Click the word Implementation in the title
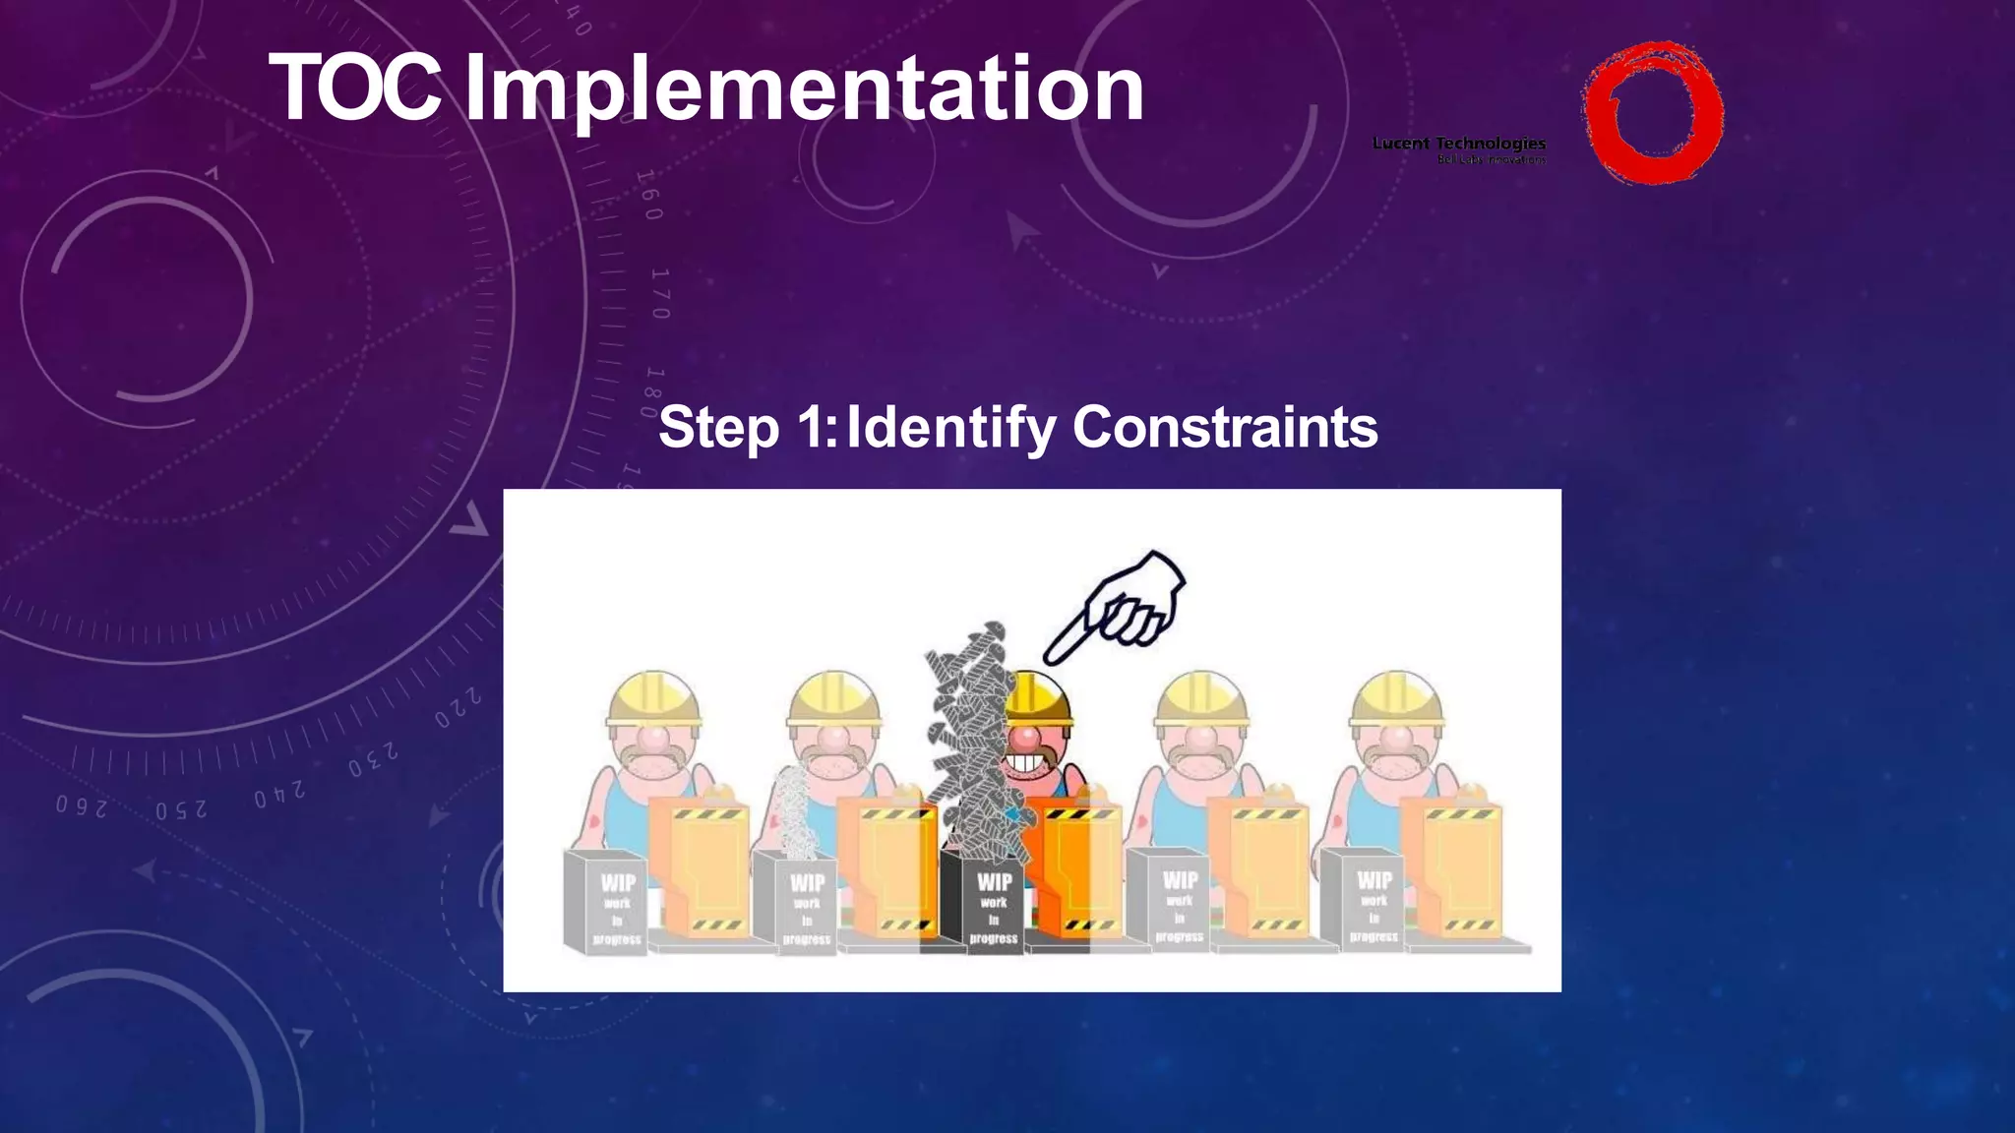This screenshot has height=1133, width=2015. tap(803, 90)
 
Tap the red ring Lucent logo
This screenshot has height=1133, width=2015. tap(1652, 112)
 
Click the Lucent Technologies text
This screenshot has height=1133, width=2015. tap(1459, 144)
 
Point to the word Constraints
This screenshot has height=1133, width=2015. tap(1224, 427)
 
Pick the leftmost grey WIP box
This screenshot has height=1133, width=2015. tap(605, 903)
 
